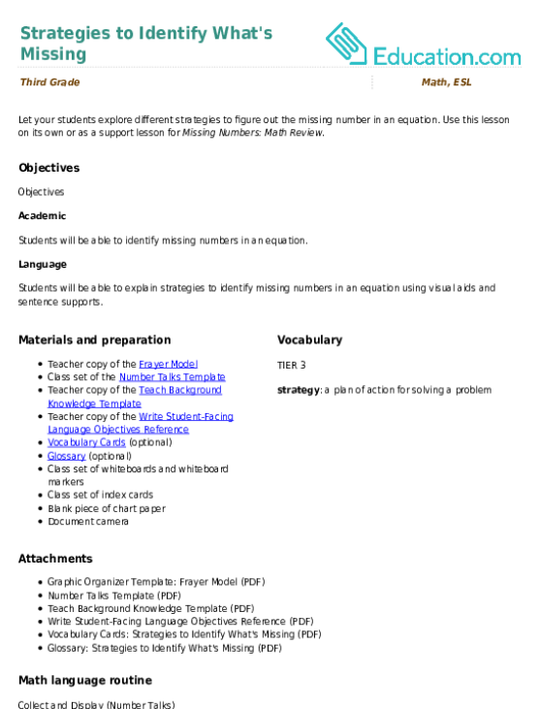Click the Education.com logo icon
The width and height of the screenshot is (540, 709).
tap(346, 44)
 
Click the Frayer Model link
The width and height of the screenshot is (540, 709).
tap(168, 364)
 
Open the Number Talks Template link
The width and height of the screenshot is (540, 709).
tap(173, 376)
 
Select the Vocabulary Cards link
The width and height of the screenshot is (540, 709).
tap(86, 442)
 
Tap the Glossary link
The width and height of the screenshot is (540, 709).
tap(67, 456)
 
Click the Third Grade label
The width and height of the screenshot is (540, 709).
tap(50, 81)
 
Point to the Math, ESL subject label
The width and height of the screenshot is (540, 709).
tap(447, 81)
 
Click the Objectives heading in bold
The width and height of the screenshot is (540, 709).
tap(49, 168)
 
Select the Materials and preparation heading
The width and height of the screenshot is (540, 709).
tap(95, 340)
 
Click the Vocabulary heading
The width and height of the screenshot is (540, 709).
tap(310, 340)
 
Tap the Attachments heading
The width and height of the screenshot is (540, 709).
tap(55, 559)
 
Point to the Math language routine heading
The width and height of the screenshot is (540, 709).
tap(85, 681)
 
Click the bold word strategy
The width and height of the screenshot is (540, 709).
tap(299, 390)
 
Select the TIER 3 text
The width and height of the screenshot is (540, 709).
tap(292, 366)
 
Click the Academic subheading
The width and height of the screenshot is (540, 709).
tap(43, 215)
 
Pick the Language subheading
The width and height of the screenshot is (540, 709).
tap(43, 265)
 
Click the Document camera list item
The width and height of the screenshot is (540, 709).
tap(88, 522)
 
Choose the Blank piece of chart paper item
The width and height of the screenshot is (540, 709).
tap(107, 508)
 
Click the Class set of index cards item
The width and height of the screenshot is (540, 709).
tap(100, 495)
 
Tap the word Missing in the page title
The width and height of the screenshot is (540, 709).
tap(53, 53)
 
